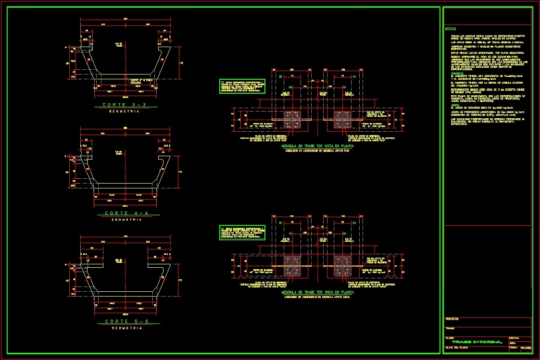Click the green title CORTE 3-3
(x=124, y=104)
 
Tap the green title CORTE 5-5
(x=124, y=321)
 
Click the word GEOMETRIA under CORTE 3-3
(x=124, y=111)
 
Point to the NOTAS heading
(x=451, y=29)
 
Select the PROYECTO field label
(x=452, y=319)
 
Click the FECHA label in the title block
(x=512, y=347)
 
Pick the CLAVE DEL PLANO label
(x=457, y=347)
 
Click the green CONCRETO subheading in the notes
(x=457, y=73)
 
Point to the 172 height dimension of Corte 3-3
(x=181, y=63)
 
